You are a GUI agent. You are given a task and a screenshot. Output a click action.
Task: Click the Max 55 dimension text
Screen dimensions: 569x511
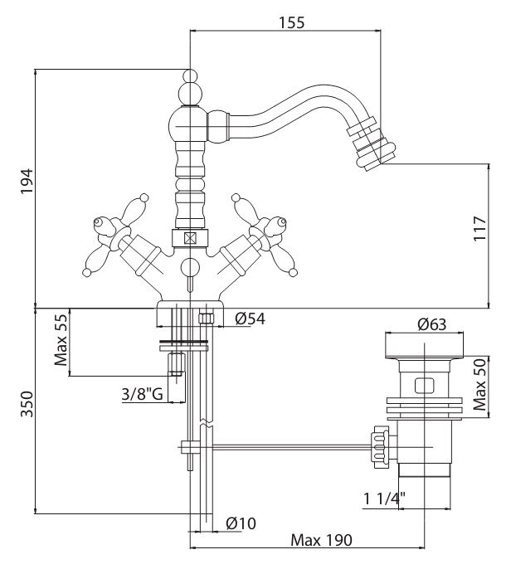tap(61, 342)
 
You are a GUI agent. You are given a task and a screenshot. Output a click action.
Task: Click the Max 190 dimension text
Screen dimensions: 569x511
tap(322, 540)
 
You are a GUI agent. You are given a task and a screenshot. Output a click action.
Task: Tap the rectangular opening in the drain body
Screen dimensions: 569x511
tap(423, 386)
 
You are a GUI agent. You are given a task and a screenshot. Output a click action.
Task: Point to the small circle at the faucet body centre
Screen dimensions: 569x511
tap(190, 267)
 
